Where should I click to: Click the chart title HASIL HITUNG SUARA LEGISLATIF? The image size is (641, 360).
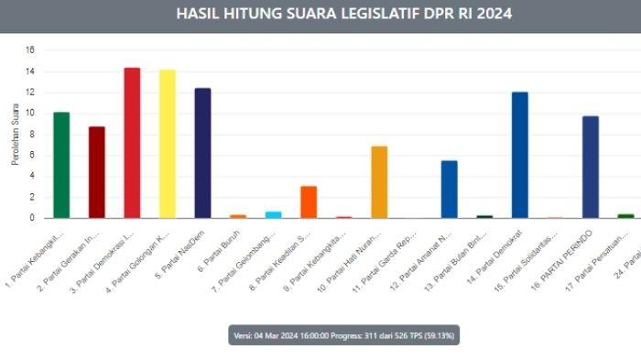point(343,14)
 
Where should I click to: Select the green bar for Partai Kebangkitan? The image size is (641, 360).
point(61,165)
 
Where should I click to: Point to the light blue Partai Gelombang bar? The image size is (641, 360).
point(273,214)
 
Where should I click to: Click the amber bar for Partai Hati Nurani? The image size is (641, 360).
point(379,182)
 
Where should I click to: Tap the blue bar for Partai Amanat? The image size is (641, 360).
point(449,189)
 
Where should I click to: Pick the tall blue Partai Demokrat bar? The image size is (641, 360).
point(519,155)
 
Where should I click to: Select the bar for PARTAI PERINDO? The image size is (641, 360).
point(590,167)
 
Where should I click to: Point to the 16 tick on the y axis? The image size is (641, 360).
point(30,50)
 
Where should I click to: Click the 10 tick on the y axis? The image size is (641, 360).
point(30,114)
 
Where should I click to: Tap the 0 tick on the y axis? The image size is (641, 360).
point(32,218)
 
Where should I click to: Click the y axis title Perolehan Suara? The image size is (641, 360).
point(15,135)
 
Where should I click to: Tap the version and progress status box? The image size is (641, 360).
point(343,336)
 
